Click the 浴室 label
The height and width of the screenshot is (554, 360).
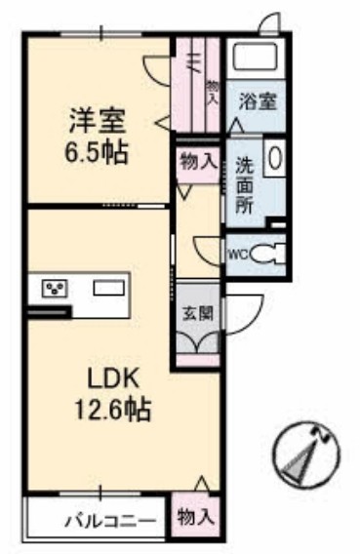tap(259, 100)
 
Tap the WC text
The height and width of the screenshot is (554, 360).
tap(238, 256)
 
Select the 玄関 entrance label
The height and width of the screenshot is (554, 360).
tap(197, 314)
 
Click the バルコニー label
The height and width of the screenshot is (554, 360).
tap(98, 519)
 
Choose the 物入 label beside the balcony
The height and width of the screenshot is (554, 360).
tap(196, 518)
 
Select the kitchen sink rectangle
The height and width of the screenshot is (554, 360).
tap(107, 288)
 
